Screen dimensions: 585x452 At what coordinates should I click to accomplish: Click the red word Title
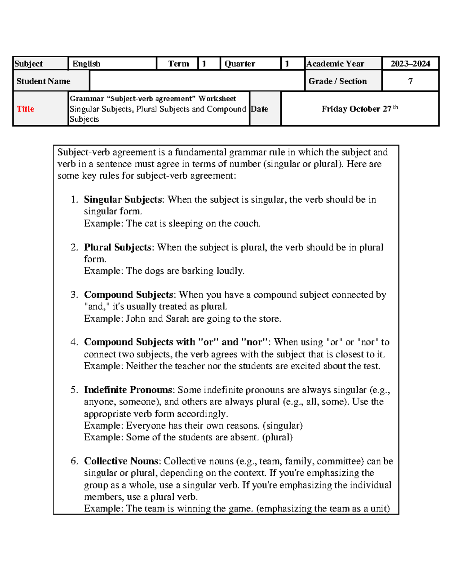click(x=25, y=109)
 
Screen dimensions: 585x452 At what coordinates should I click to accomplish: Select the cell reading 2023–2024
click(x=410, y=64)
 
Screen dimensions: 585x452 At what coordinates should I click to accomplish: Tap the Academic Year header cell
click(x=335, y=64)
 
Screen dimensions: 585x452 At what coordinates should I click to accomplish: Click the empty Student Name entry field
click(x=197, y=81)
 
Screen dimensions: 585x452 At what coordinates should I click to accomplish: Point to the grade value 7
click(x=410, y=81)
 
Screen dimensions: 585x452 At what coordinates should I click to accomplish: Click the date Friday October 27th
click(x=359, y=109)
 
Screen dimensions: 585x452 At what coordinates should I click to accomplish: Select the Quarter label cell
click(x=240, y=64)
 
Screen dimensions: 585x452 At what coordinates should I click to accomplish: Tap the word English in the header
click(x=86, y=64)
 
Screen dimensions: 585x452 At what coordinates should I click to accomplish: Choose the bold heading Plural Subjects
click(x=118, y=247)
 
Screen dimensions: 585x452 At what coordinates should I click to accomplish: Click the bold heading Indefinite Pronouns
click(x=128, y=390)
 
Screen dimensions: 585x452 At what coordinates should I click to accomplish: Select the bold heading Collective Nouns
click(x=121, y=461)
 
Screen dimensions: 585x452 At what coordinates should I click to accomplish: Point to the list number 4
click(x=74, y=342)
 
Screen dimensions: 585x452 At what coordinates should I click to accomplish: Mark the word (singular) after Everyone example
click(x=282, y=426)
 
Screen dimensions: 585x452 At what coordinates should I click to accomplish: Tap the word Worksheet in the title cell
click(x=217, y=99)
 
